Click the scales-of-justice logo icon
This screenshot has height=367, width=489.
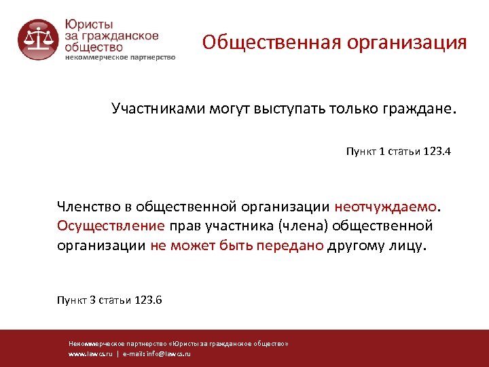click(38, 40)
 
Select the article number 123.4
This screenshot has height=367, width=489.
click(437, 152)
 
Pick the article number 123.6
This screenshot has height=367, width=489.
click(148, 300)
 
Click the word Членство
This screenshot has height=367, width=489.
click(91, 206)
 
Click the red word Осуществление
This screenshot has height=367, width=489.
click(111, 225)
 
